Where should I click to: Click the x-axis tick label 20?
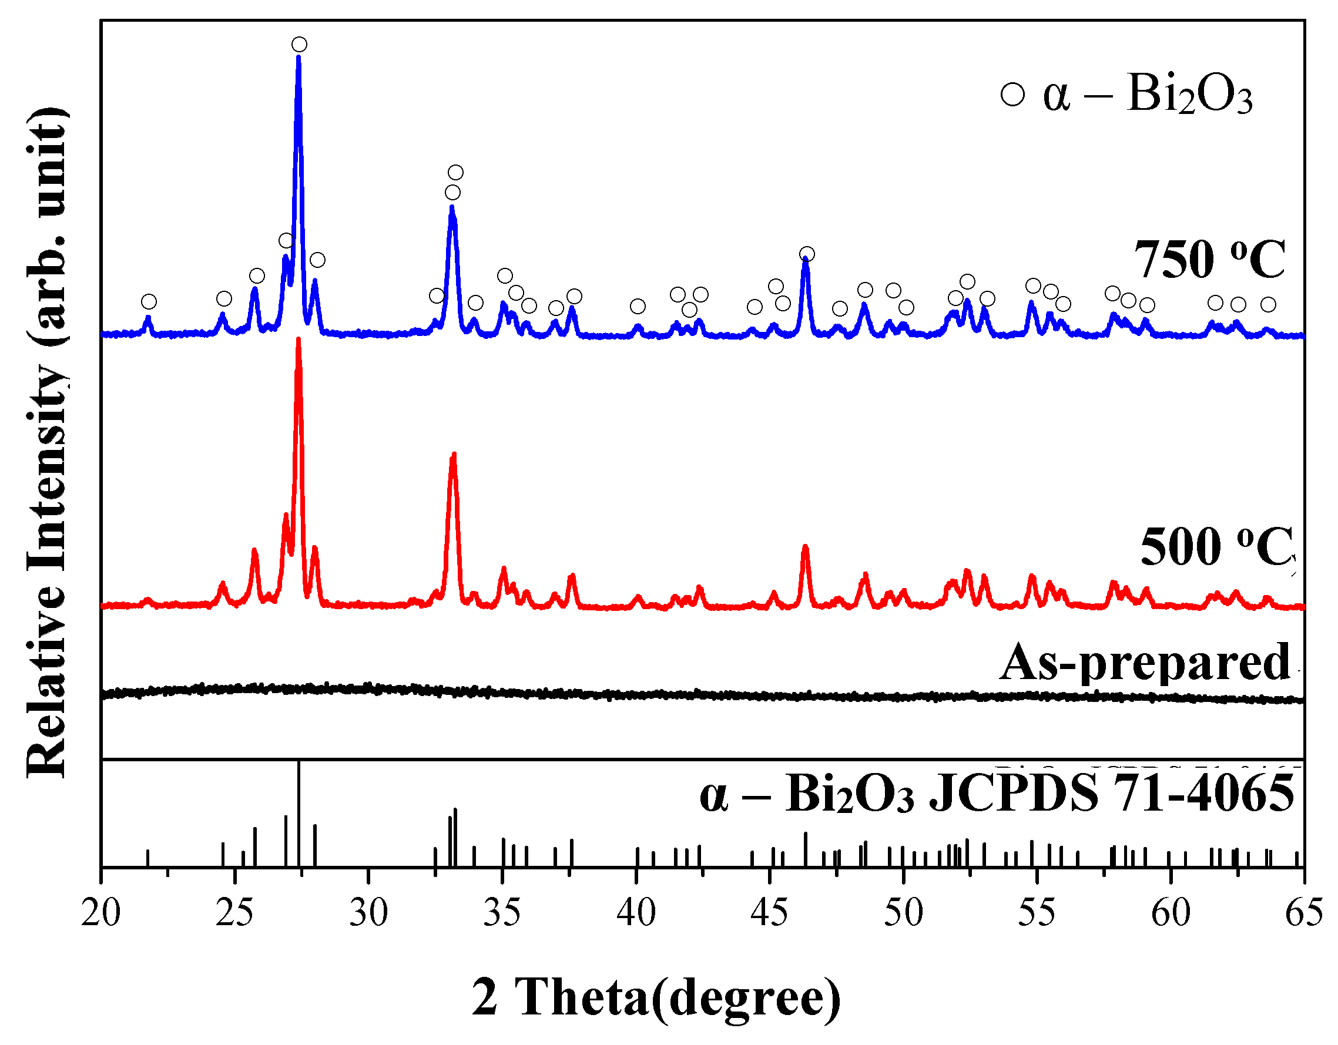click(100, 913)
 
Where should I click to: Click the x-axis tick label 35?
click(502, 913)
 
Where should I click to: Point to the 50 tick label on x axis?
click(903, 913)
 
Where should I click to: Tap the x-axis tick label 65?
click(1304, 913)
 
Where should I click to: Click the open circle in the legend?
click(1012, 95)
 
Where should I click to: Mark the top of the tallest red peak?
click(299, 340)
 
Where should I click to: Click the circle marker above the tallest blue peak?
click(299, 44)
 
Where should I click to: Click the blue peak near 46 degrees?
click(806, 260)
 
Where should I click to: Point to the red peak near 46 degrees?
click(805, 547)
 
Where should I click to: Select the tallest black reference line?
click(299, 815)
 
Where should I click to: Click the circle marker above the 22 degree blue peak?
click(148, 301)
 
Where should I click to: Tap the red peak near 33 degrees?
click(454, 456)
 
